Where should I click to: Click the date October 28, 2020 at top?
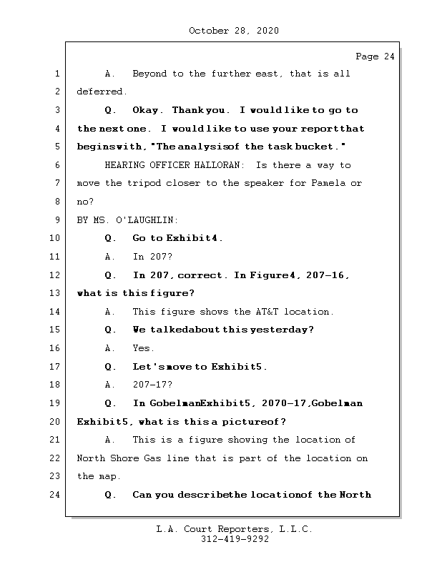point(234,31)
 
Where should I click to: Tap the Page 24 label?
point(375,56)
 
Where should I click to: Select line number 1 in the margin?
point(57,74)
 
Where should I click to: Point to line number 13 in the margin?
point(57,293)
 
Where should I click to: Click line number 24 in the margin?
point(57,494)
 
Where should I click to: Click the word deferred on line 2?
point(102,92)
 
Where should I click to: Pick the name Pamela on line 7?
point(328,184)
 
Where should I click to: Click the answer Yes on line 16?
point(143,348)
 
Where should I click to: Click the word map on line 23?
point(105,476)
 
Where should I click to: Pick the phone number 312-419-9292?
point(235,539)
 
